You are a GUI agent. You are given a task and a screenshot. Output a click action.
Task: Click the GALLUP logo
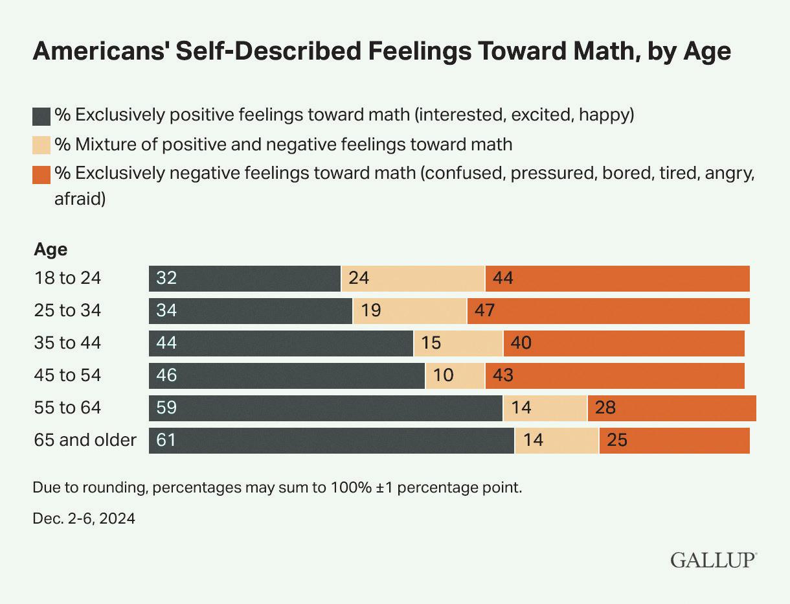(x=714, y=559)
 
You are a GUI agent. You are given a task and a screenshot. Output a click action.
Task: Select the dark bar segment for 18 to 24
(x=245, y=279)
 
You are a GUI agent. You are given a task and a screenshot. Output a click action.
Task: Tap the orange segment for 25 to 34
(x=608, y=311)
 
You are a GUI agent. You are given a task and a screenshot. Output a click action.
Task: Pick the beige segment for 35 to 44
(x=458, y=343)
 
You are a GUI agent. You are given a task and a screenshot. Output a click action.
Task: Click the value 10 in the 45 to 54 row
(x=444, y=376)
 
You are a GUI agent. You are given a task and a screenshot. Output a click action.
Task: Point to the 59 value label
(x=166, y=408)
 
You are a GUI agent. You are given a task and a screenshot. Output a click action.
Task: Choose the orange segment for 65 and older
(x=674, y=441)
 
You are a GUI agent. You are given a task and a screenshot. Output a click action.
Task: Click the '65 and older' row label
(x=85, y=441)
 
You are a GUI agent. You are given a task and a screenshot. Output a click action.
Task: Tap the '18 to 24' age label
(x=68, y=279)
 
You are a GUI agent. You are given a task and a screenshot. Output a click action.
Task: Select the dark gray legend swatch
(x=41, y=117)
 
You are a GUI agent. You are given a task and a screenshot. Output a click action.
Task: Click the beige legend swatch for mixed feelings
(x=41, y=145)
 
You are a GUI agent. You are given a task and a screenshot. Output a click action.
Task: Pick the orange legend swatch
(x=41, y=174)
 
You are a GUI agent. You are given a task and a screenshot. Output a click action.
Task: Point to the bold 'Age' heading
(x=51, y=250)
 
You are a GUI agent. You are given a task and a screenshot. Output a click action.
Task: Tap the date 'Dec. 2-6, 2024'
(x=84, y=518)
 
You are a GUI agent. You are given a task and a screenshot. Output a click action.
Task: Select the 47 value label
(x=484, y=311)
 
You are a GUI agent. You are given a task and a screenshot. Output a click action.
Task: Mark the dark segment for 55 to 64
(x=326, y=408)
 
